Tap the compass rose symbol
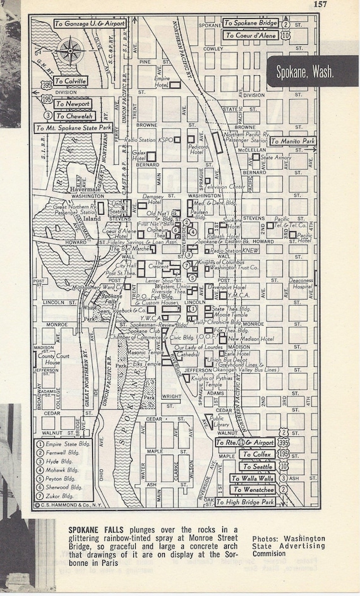click(71, 48)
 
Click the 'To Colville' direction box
click(70, 81)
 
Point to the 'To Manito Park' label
click(292, 141)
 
